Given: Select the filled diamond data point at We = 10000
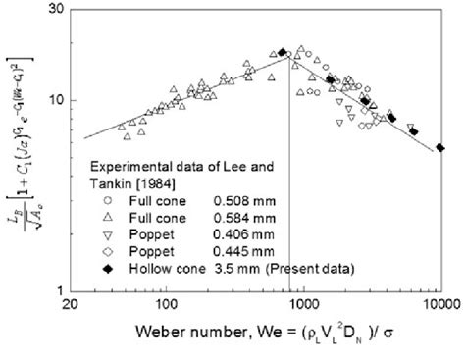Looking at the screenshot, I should point(440,148).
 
